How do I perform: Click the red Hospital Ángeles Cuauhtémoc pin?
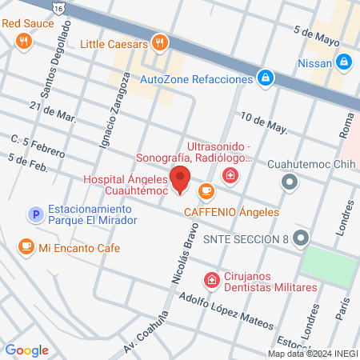pos(180,180)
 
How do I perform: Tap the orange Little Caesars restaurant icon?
pos(161,43)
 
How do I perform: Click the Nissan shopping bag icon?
pos(343,62)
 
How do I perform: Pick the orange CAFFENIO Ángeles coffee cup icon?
pos(206,191)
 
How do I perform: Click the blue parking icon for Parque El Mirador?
pos(34,214)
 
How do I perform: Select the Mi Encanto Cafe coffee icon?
pos(26,246)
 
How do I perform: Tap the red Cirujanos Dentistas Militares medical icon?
pos(212,280)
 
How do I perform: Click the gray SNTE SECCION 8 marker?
pos(300,238)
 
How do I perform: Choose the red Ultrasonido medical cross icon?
pos(230,175)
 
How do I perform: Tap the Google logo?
pos(27,350)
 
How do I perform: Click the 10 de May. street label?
pos(263,122)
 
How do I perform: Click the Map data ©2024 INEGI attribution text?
pos(312,354)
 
